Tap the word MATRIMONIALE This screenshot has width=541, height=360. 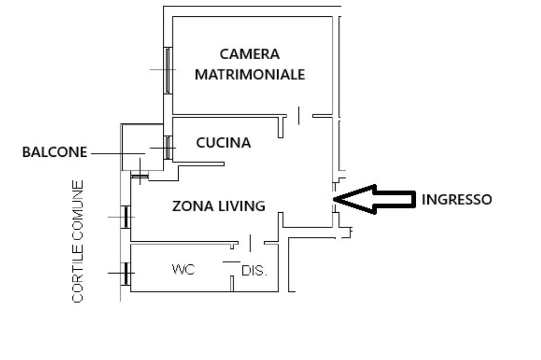[x=249, y=74]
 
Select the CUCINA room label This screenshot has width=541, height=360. [x=223, y=143]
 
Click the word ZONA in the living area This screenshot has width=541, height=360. [x=192, y=206]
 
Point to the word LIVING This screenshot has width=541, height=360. [x=242, y=206]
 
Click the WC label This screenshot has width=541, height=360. [x=183, y=270]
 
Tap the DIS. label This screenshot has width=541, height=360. [x=255, y=271]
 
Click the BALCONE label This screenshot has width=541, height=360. [x=54, y=153]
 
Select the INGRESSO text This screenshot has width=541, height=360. [x=456, y=200]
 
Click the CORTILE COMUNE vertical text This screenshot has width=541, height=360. [x=78, y=242]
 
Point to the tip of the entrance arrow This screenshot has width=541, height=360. [x=335, y=199]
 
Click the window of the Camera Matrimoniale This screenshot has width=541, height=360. [x=168, y=70]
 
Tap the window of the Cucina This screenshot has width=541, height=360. [x=167, y=148]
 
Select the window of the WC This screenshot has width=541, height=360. [x=126, y=273]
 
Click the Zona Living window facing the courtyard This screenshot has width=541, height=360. [x=126, y=217]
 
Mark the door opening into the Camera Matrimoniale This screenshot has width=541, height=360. [x=299, y=115]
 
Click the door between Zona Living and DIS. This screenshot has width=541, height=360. [x=250, y=243]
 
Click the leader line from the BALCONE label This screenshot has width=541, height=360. [x=116, y=154]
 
